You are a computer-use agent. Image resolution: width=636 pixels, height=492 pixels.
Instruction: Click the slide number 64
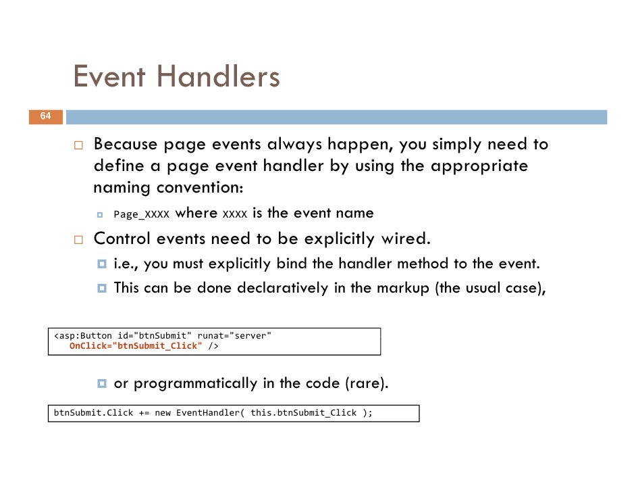[45, 116]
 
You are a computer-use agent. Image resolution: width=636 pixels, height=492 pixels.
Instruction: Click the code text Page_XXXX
[141, 214]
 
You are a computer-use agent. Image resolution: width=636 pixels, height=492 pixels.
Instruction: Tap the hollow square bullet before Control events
[78, 240]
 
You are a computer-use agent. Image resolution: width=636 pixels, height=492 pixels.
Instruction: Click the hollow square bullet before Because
[78, 145]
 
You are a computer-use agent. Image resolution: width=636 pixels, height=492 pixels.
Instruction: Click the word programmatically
[196, 384]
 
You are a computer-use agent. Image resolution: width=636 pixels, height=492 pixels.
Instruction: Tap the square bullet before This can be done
[102, 288]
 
